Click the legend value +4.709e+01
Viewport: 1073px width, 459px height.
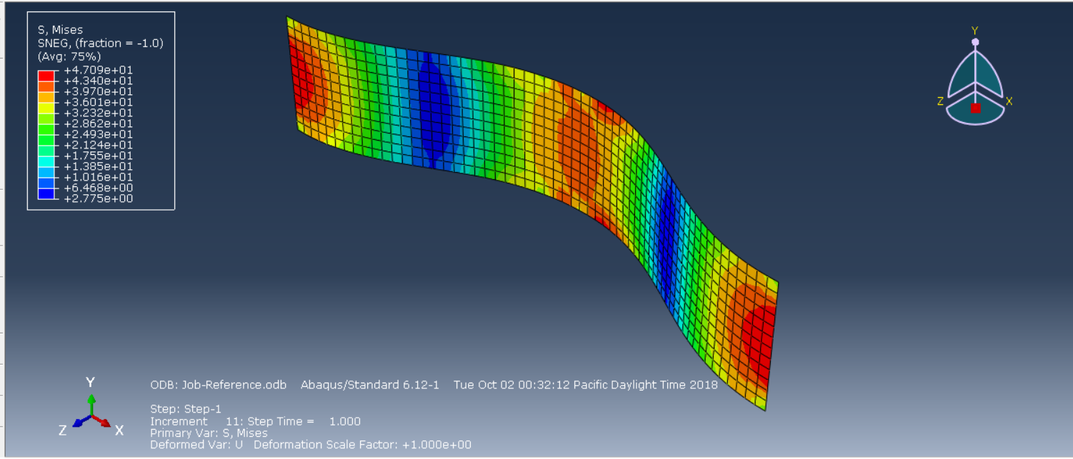click(98, 70)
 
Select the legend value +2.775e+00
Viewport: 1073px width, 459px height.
click(98, 198)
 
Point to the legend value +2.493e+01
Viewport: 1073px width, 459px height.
click(98, 134)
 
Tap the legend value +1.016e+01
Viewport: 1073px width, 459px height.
click(98, 177)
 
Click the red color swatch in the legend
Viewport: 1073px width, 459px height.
click(46, 76)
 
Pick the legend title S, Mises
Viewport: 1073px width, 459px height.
click(60, 30)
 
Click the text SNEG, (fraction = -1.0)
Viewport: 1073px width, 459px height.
click(101, 44)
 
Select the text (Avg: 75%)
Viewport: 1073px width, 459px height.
click(69, 57)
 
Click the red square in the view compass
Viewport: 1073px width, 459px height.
click(975, 109)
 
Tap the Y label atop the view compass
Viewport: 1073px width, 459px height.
click(975, 31)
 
